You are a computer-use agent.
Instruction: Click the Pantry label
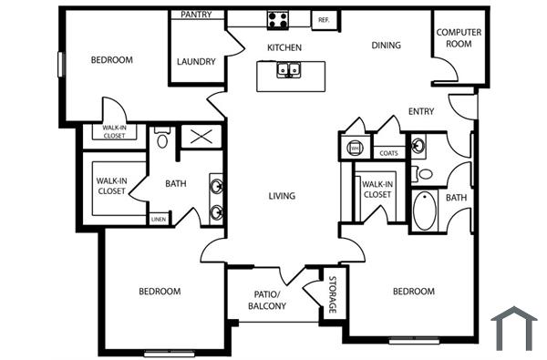197,15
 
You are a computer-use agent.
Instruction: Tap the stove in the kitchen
278,18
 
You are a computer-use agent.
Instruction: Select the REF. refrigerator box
324,18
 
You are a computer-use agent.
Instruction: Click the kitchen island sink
288,68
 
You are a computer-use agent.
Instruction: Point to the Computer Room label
459,37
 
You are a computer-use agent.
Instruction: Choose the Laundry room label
197,62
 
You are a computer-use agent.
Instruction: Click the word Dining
387,45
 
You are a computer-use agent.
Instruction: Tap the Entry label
421,112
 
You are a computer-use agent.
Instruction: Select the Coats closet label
388,153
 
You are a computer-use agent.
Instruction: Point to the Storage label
333,294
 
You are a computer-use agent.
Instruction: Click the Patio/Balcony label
267,300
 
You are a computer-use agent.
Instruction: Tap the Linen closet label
159,220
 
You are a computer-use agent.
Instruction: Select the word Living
282,196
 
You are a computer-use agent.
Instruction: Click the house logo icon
513,328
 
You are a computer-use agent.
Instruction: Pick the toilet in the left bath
162,139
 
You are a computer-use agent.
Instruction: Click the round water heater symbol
355,146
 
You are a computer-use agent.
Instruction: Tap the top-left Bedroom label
112,60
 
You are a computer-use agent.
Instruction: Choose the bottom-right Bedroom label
413,292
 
